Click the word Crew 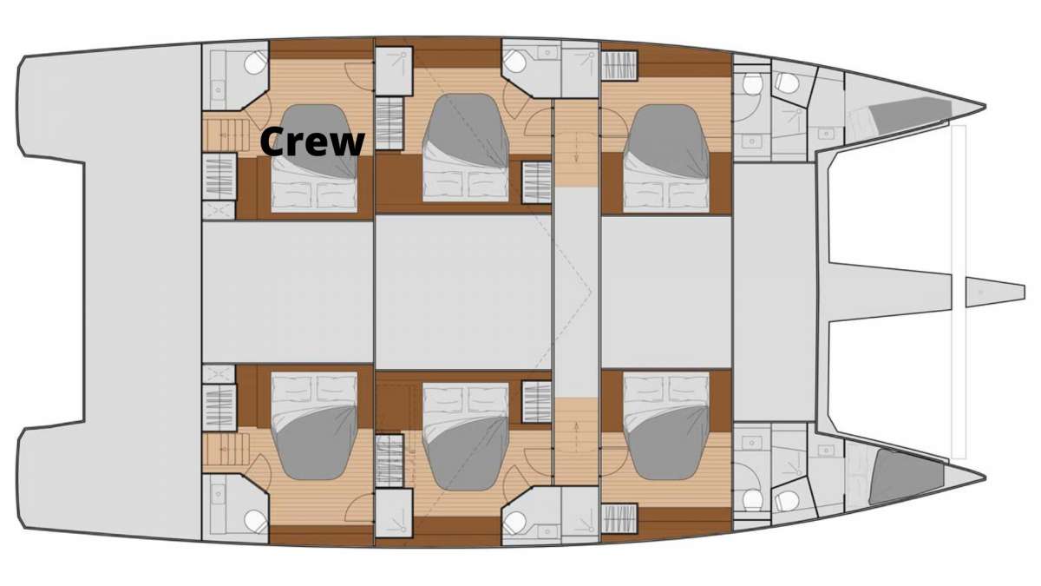pos(312,142)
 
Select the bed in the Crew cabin pos(315,158)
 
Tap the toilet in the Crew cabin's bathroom pos(256,63)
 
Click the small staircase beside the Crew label pos(226,135)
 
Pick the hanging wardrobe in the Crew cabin pos(219,177)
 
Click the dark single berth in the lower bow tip pos(907,477)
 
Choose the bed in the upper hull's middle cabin pos(466,148)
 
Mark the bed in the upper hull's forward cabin pos(666,159)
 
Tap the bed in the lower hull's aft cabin pos(315,425)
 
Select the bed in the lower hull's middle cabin pos(466,437)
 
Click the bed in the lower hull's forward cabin pos(666,425)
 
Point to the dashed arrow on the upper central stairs pos(576,147)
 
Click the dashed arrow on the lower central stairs pos(576,438)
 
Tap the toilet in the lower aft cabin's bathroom pos(256,521)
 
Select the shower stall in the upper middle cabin pos(394,70)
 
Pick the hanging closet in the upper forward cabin pos(619,66)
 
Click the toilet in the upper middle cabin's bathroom pos(515,62)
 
